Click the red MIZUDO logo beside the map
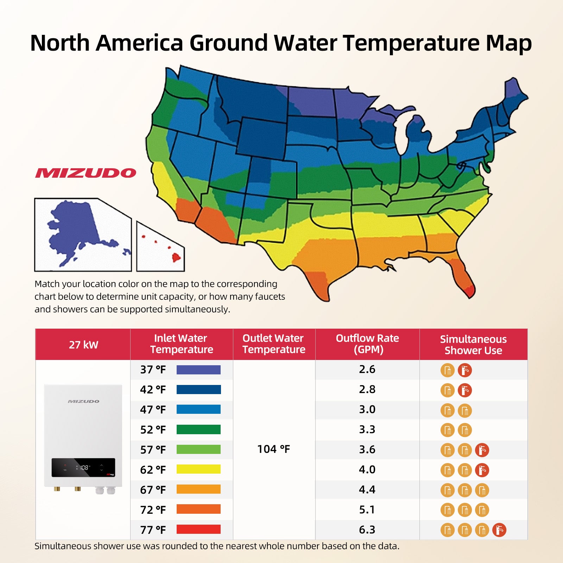click(86, 173)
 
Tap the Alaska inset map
click(83, 235)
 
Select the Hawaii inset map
click(160, 247)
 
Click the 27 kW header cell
click(83, 344)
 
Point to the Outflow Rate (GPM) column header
click(367, 344)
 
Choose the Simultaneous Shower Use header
click(473, 345)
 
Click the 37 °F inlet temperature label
click(153, 369)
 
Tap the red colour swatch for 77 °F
click(198, 529)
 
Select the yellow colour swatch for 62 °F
click(198, 469)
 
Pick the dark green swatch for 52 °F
click(198, 429)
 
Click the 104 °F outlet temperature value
click(273, 449)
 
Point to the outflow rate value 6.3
click(367, 530)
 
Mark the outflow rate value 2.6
click(367, 369)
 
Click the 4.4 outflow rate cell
click(367, 489)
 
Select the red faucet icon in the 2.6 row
click(465, 370)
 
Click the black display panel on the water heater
click(83, 468)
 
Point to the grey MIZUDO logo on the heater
click(83, 401)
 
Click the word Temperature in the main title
click(411, 43)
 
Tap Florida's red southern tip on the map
click(469, 291)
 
